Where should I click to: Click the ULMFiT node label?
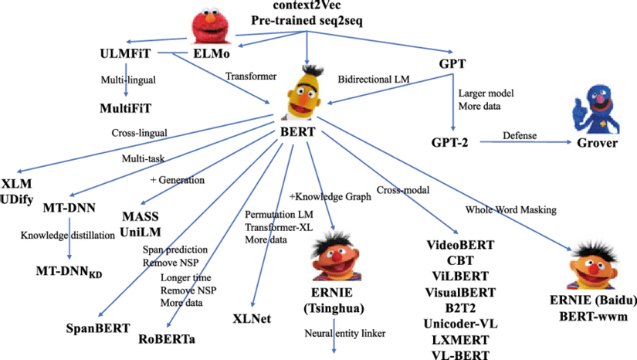click(x=124, y=55)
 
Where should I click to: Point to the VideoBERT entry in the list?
click(x=460, y=246)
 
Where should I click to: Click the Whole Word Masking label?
click(x=511, y=209)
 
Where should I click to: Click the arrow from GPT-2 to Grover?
click(x=525, y=143)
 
